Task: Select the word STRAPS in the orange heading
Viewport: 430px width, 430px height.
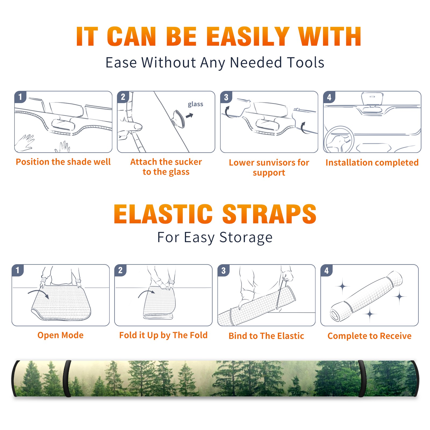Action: coord(269,214)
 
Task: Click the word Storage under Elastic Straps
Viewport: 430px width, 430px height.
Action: coord(246,238)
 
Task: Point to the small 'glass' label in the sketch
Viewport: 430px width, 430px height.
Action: coord(195,104)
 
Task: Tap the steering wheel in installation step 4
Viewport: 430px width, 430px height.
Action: coord(339,140)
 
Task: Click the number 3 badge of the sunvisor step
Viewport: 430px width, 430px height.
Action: coord(226,97)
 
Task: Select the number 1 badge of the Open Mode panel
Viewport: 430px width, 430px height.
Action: coord(18,270)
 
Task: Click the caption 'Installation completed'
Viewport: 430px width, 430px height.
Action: coord(372,163)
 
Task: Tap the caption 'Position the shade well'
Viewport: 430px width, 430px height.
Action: coord(63,162)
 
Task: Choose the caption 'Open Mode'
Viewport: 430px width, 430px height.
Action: coord(60,335)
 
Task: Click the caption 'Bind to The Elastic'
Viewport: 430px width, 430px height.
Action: coord(266,336)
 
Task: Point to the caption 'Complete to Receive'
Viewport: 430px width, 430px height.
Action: coord(370,336)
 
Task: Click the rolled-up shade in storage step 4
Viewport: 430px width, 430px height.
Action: coord(367,296)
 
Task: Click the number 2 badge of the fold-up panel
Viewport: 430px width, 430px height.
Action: coord(120,270)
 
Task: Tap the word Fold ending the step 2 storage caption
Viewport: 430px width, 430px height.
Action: coord(198,335)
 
